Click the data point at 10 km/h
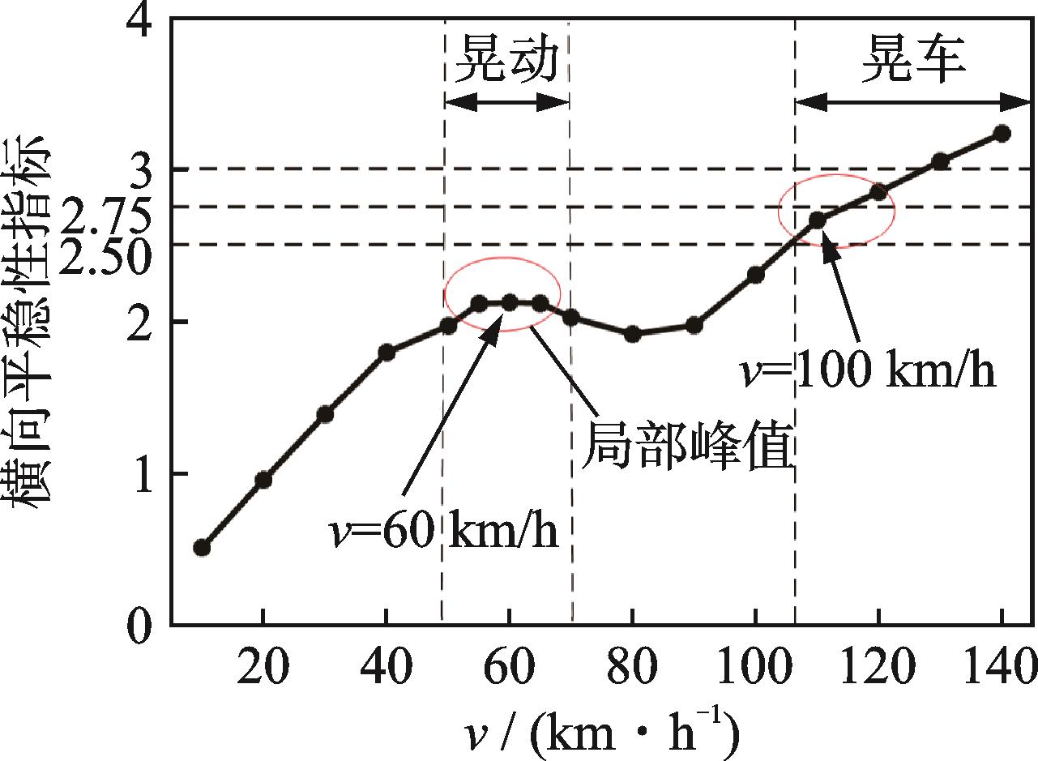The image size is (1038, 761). [202, 548]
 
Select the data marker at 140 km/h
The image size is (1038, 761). [1002, 134]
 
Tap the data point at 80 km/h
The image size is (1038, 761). [633, 333]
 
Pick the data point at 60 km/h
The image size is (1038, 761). [510, 302]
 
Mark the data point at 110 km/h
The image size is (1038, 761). [817, 219]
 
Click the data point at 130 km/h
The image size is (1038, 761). [940, 161]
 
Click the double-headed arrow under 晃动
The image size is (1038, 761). [507, 102]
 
